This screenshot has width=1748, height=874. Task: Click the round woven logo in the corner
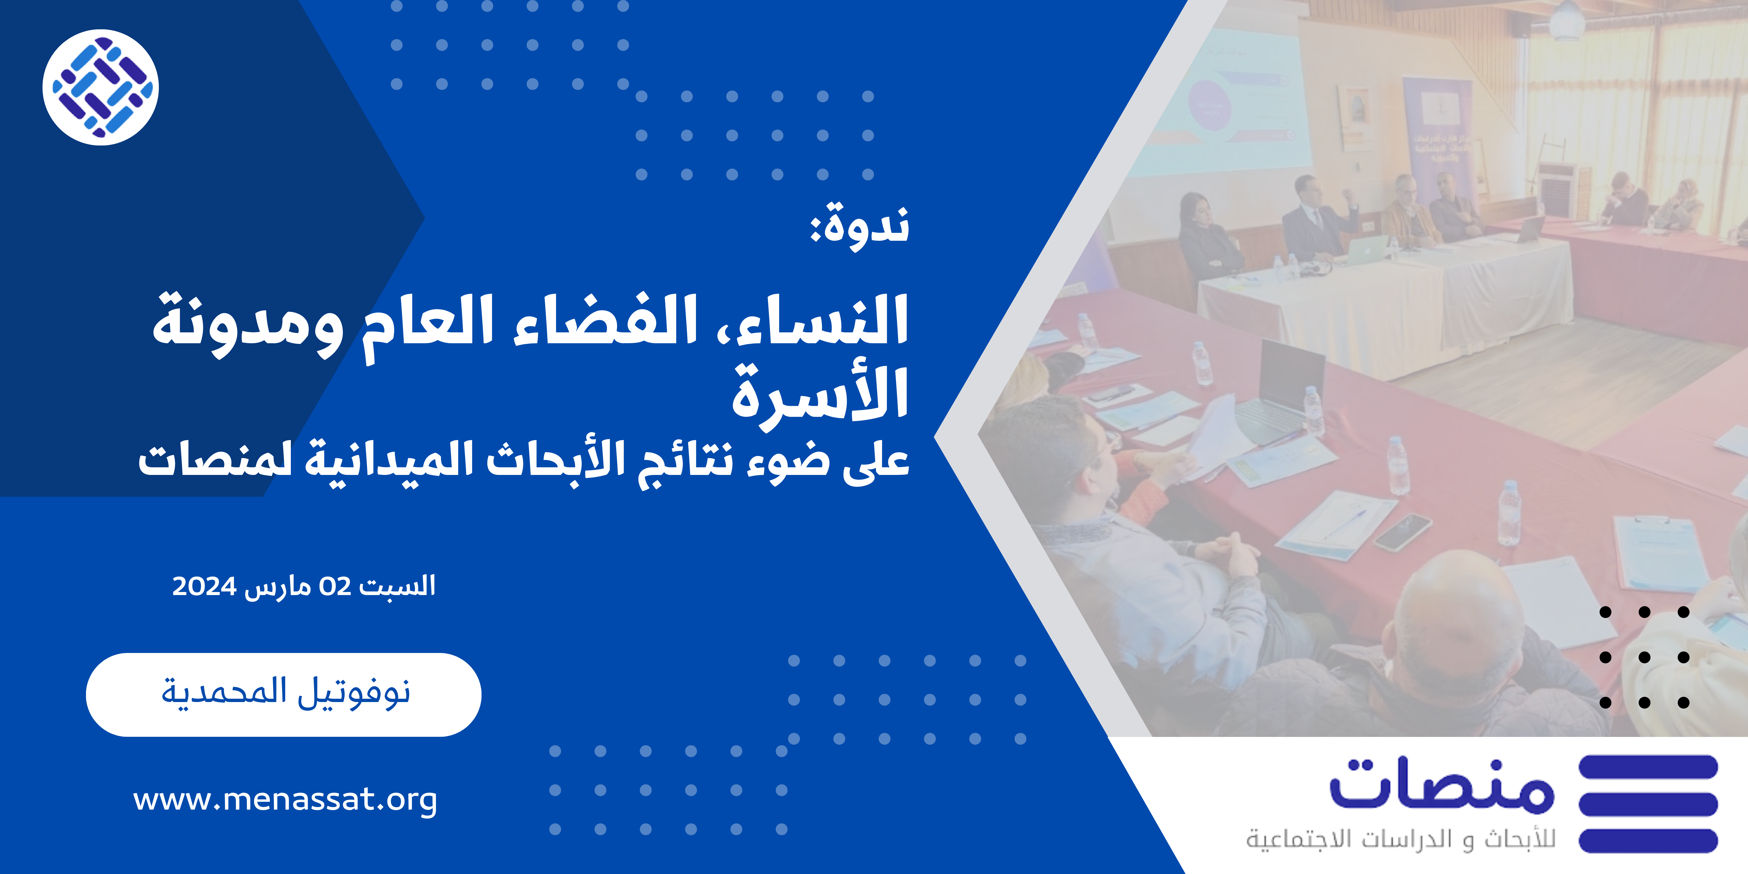click(100, 87)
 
